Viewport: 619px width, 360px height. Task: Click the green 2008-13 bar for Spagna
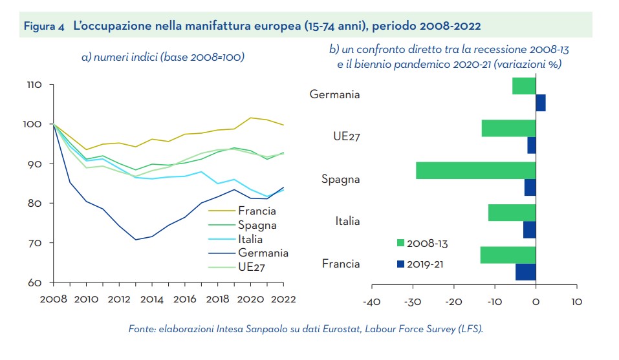click(475, 171)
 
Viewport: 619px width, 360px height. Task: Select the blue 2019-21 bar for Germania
click(541, 103)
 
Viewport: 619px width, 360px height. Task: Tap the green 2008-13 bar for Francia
click(508, 255)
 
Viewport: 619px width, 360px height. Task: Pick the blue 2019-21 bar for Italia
click(530, 229)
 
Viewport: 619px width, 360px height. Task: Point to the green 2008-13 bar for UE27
click(508, 128)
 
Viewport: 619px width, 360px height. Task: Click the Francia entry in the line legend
click(257, 211)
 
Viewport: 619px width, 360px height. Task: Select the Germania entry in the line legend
click(263, 253)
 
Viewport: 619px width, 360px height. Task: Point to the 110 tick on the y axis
click(34, 85)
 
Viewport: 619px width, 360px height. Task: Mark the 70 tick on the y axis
click(36, 243)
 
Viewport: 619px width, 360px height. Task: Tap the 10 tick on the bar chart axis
click(578, 301)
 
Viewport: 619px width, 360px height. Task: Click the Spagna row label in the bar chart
click(340, 179)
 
